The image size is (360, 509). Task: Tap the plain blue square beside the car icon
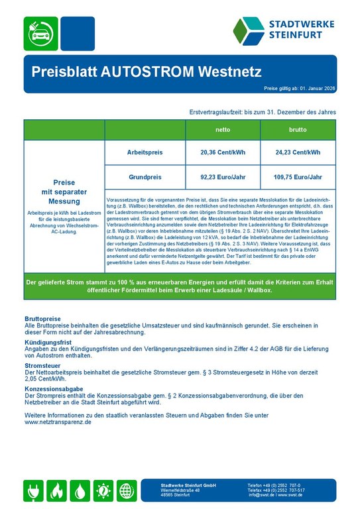pos(78,33)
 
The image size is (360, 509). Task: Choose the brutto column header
pos(298,129)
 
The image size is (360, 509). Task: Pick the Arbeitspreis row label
pos(144,152)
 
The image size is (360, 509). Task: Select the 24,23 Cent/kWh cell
pos(298,152)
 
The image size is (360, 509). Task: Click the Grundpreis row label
pos(144,177)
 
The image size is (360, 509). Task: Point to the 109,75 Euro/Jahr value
pos(298,177)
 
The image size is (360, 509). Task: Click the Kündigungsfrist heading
pos(48,342)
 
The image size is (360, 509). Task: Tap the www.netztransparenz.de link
pos(58,422)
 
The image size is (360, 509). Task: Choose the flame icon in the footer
pos(57,490)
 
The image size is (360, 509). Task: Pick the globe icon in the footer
pos(127,490)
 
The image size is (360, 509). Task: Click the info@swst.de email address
pos(262,495)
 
